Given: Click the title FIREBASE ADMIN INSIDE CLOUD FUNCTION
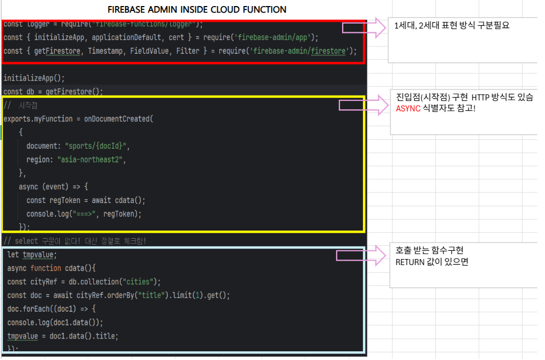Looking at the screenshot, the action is pos(197,10).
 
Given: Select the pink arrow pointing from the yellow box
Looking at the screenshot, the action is pos(362,105).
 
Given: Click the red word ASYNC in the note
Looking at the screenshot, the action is pos(408,109).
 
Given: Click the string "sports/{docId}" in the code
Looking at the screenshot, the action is pos(97,146).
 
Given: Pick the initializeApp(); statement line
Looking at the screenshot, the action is pos(34,78).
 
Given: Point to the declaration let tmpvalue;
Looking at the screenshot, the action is pos(32,255).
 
